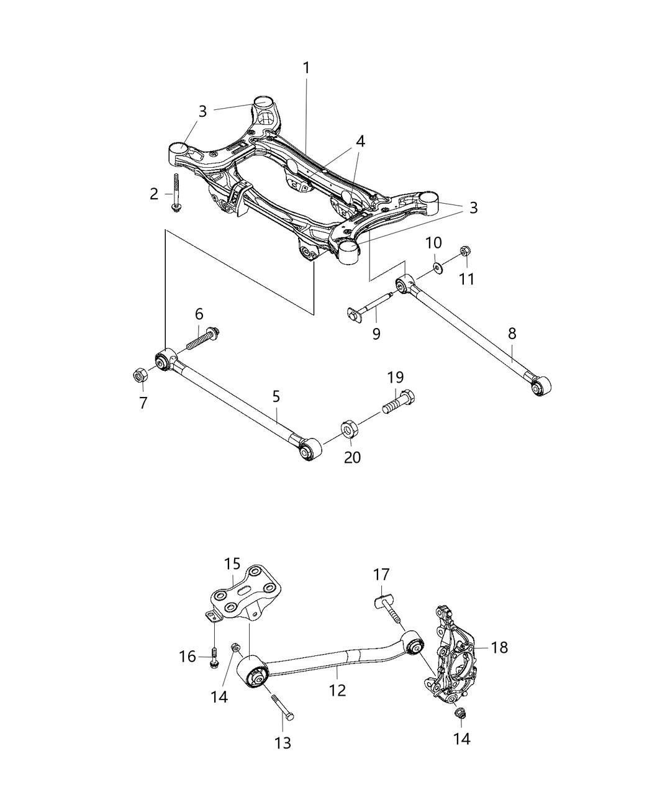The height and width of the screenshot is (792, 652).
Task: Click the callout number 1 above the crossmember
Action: click(x=306, y=68)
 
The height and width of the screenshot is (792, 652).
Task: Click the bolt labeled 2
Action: click(x=176, y=194)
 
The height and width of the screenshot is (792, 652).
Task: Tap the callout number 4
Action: click(x=360, y=141)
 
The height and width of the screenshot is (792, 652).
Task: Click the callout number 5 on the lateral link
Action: click(x=276, y=396)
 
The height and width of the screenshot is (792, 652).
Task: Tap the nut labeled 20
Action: click(x=349, y=429)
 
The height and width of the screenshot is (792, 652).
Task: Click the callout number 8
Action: click(x=512, y=333)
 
